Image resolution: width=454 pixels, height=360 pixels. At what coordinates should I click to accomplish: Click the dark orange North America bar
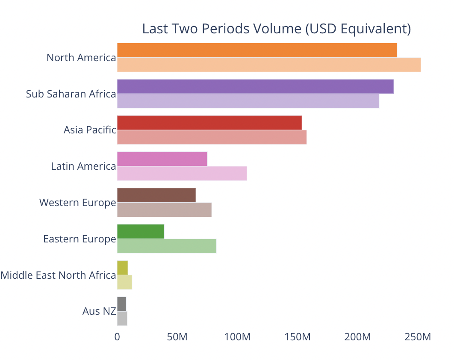click(x=256, y=50)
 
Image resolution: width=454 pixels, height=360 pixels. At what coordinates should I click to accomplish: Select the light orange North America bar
click(x=268, y=65)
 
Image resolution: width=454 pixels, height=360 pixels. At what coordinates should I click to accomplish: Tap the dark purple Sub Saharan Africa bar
click(x=255, y=86)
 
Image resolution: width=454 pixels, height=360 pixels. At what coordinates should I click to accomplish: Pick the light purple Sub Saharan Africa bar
click(x=248, y=101)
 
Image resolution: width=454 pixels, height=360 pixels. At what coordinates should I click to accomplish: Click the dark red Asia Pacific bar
click(x=209, y=123)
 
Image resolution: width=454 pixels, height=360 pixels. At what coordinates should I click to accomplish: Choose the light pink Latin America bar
click(x=182, y=173)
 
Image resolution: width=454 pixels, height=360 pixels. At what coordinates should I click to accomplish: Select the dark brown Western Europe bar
click(x=156, y=195)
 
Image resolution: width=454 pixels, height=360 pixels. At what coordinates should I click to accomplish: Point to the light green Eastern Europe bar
click(x=166, y=246)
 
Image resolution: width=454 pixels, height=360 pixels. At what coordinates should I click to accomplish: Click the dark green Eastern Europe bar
click(x=140, y=231)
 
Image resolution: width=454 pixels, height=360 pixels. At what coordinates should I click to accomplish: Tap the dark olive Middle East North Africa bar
click(x=122, y=268)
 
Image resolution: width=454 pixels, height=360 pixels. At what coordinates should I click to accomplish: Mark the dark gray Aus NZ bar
click(x=121, y=304)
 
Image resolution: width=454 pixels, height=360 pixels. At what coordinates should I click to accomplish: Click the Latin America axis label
click(x=83, y=166)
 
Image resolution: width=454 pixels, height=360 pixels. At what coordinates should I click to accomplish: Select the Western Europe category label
click(x=77, y=202)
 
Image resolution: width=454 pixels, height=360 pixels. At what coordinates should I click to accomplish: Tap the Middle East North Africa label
click(x=58, y=275)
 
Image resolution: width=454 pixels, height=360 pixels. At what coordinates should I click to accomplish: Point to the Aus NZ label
click(x=99, y=311)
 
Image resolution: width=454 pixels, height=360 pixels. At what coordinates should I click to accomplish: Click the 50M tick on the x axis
click(x=177, y=337)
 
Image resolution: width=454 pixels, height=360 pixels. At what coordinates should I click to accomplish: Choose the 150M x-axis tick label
click(x=297, y=337)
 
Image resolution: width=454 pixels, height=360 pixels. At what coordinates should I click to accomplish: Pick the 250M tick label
click(x=417, y=337)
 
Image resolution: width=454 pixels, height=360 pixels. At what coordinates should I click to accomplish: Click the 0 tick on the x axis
click(x=117, y=337)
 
